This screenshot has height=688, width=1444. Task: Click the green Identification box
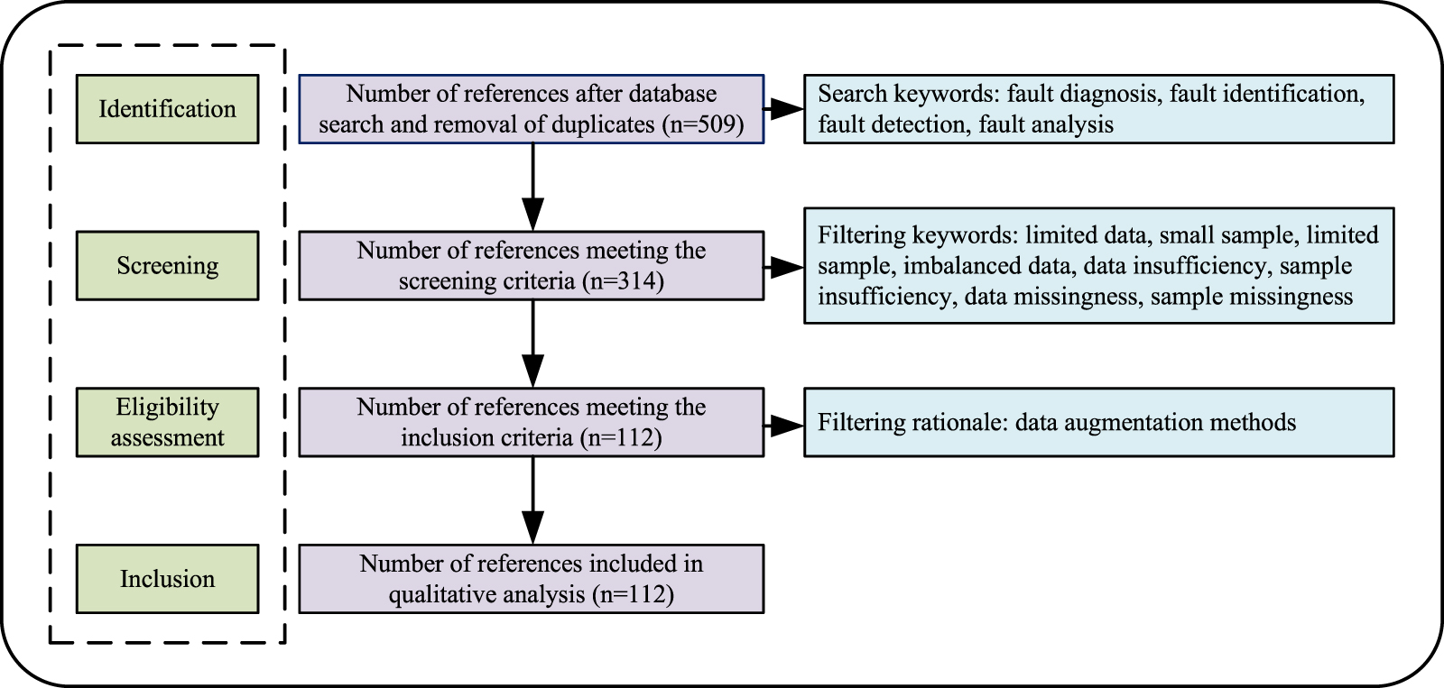click(x=167, y=109)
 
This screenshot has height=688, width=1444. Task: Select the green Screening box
click(x=167, y=266)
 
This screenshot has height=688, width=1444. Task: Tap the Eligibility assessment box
click(x=167, y=422)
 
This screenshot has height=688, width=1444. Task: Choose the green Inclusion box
click(x=167, y=579)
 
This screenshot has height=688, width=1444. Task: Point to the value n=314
click(x=624, y=281)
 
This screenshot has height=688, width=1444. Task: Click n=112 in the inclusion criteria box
click(x=622, y=438)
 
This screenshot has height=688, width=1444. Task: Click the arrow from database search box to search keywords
click(x=784, y=109)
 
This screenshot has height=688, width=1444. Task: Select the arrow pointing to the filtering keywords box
click(x=784, y=266)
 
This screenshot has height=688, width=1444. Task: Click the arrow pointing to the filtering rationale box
click(x=784, y=423)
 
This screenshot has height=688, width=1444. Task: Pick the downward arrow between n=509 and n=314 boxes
click(x=533, y=189)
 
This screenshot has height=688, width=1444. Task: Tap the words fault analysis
click(x=1046, y=124)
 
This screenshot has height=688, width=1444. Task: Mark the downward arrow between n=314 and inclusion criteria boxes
click(x=533, y=346)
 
